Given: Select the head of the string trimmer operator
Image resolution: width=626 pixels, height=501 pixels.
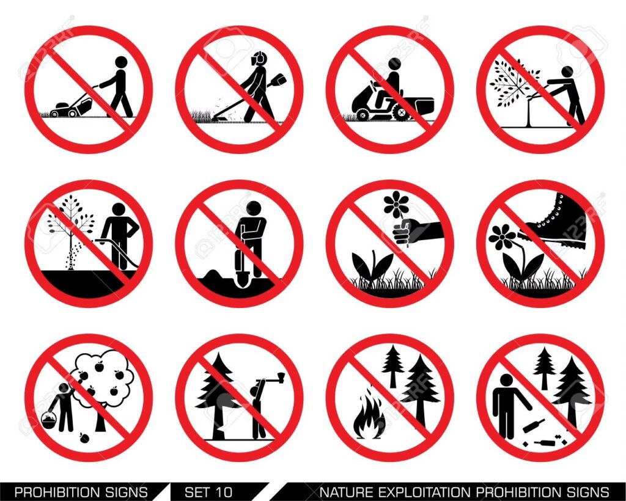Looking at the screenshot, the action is coord(259,59).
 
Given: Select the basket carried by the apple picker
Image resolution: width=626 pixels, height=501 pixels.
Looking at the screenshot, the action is coord(49,420).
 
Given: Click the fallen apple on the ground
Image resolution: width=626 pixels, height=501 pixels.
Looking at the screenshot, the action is coord(84,438).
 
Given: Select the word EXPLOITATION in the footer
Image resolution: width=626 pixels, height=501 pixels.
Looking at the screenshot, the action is coord(420,491).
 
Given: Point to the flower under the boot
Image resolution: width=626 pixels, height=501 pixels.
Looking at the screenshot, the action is coord(503,237).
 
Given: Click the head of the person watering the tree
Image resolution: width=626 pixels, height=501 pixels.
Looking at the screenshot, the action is coord(119,210).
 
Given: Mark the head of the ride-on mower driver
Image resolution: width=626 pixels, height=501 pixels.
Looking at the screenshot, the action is coord(394,64).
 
